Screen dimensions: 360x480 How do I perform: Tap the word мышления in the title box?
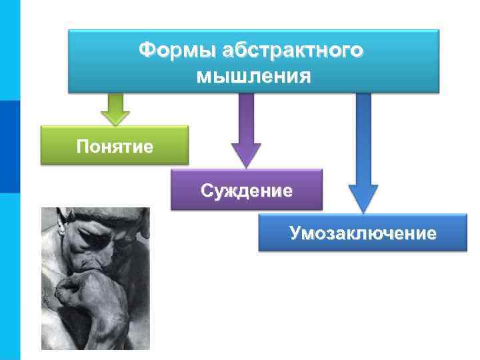point(253,75)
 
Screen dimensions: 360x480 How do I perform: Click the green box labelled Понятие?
point(114,145)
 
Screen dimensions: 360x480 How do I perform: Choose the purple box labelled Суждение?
point(247,191)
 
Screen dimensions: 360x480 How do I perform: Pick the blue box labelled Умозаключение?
point(363,233)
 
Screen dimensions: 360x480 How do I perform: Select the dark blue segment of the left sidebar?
point(10,147)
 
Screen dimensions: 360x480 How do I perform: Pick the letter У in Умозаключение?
point(295,233)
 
